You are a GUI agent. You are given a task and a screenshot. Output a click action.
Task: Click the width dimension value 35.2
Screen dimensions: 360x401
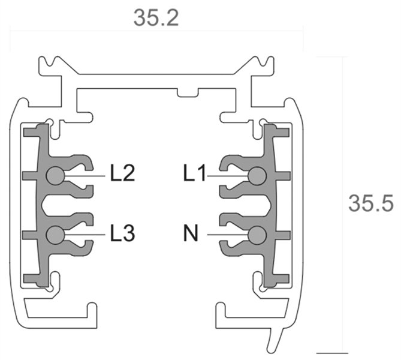(x=156, y=17)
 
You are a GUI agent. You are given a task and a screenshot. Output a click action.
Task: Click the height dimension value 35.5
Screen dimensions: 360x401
(x=370, y=203)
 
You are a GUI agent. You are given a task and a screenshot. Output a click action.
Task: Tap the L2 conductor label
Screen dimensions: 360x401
(x=122, y=175)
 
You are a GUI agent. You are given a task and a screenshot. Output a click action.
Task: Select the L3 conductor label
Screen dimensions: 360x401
(x=122, y=233)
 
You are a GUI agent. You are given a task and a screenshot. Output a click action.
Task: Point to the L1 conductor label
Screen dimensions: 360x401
(x=195, y=175)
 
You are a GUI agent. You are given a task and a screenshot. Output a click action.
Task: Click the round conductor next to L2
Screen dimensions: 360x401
(x=55, y=175)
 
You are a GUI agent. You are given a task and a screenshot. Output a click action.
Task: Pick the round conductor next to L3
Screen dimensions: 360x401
(x=55, y=234)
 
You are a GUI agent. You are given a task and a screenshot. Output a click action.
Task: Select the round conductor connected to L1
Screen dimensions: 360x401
(x=257, y=175)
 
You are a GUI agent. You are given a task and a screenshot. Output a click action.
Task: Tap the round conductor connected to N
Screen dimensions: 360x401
(x=257, y=234)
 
